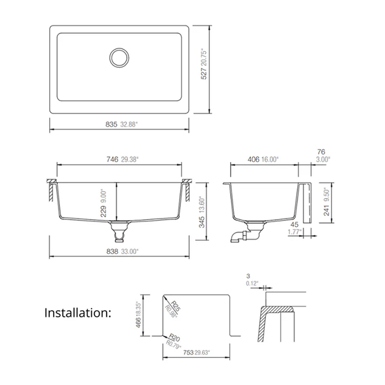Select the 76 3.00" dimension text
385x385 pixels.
point(323,156)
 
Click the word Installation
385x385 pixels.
point(78,313)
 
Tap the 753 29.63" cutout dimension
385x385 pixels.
point(196,352)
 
